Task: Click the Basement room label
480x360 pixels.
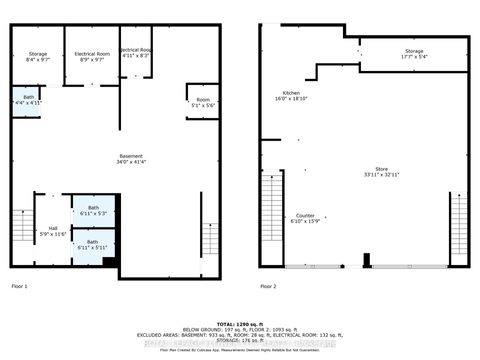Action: [x=132, y=156]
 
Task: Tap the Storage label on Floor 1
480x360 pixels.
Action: [x=38, y=54]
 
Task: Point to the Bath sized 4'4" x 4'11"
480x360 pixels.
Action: [x=27, y=99]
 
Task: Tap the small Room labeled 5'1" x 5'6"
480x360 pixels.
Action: [x=203, y=102]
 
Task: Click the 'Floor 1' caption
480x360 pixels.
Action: [x=19, y=287]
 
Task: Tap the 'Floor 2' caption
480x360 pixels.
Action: [x=268, y=287]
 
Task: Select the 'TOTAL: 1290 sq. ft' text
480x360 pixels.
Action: [x=239, y=324]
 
